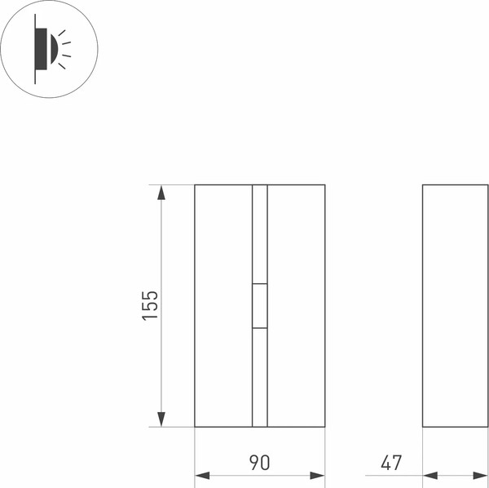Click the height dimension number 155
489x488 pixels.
pos(150,304)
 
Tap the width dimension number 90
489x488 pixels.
pos(259,463)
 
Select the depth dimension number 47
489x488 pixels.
pos(391,463)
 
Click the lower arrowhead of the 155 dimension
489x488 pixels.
pos(161,419)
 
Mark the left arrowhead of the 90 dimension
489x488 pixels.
pos(202,475)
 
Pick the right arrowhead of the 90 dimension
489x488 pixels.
pos(317,475)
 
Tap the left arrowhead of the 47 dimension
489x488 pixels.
pos(430,475)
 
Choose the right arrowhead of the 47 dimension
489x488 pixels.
pos(482,475)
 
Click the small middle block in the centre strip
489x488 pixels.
pos(260,306)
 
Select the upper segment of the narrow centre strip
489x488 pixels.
pos(260,234)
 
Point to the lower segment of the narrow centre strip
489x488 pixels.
pos(260,377)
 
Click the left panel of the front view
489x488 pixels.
pos(223,306)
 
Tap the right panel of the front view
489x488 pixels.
pos(297,306)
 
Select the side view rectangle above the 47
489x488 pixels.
pos(456,306)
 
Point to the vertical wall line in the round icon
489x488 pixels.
pos(35,48)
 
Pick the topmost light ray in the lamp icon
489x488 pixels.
pos(62,32)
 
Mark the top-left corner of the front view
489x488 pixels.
pos(195,185)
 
